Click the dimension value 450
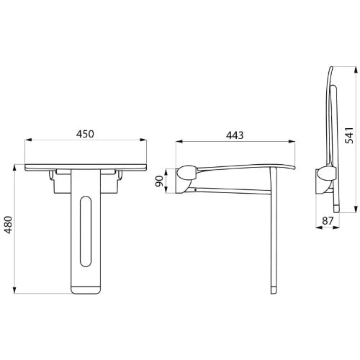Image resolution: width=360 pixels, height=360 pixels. point(85,134)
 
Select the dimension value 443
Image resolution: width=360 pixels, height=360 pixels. point(235,135)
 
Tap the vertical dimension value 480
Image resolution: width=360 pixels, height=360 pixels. point(9,225)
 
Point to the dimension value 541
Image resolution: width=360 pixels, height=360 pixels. point(349,135)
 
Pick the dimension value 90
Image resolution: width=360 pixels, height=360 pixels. point(159,181)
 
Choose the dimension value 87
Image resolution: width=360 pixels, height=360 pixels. point(328,221)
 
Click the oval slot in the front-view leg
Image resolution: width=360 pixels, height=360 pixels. point(86,231)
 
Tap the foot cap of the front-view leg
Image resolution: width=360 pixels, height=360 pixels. point(86,289)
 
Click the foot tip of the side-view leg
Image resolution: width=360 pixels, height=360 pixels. point(274,290)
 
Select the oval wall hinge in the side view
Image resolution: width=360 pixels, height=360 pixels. point(187,173)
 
